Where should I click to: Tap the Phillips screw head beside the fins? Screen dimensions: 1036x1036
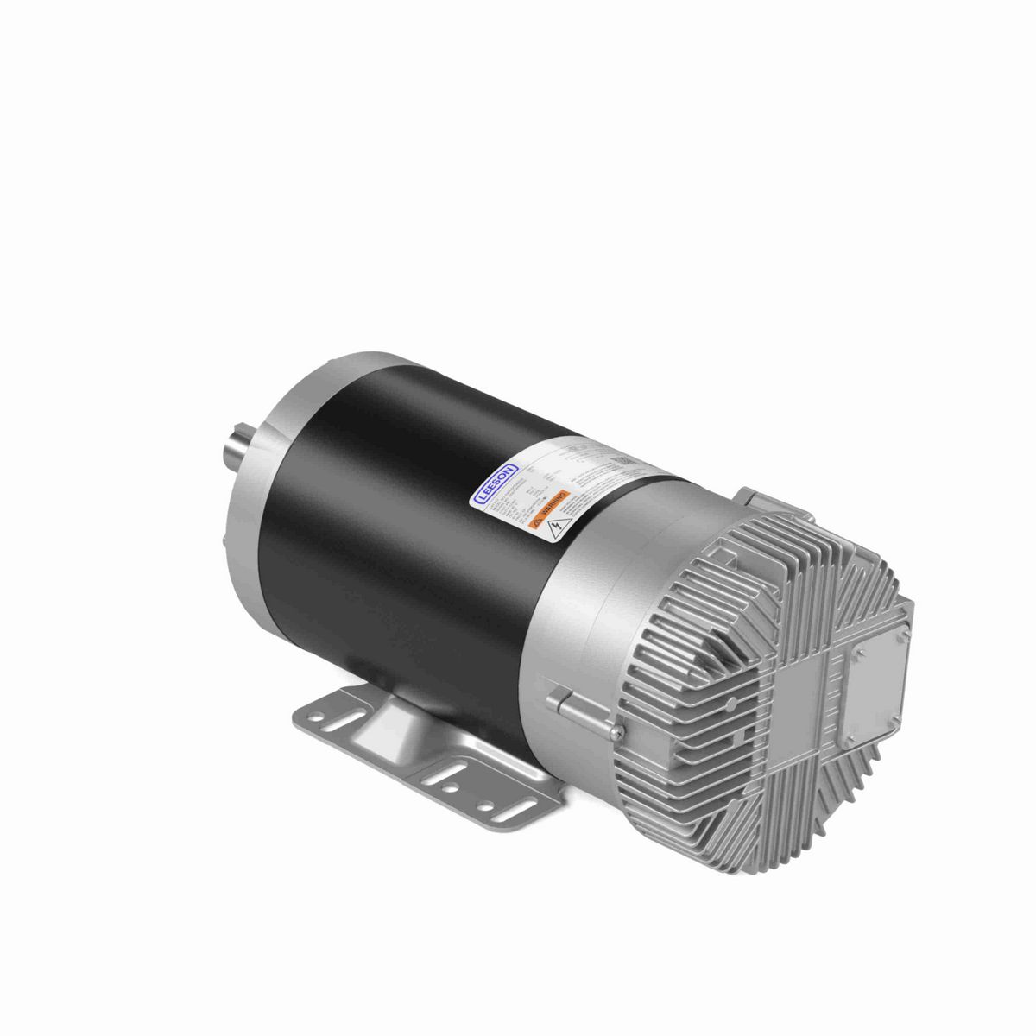[613, 733]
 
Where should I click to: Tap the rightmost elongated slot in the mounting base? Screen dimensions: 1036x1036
[496, 809]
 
